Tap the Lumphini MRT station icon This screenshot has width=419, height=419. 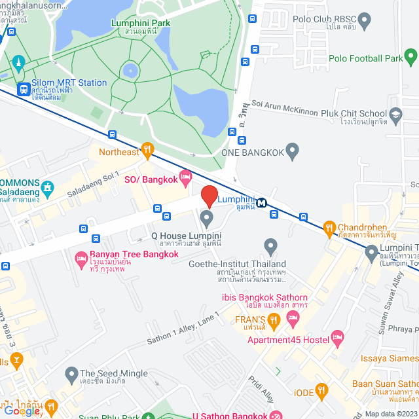(x=262, y=202)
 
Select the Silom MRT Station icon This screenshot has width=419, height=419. (x=24, y=89)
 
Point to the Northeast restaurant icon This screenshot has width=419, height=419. (x=147, y=151)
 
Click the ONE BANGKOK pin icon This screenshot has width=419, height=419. (x=293, y=152)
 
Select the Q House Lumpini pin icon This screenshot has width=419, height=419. (x=207, y=217)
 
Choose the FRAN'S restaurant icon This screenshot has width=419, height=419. (x=274, y=321)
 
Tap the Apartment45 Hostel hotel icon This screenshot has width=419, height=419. (x=337, y=338)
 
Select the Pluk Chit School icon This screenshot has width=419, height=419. (x=395, y=116)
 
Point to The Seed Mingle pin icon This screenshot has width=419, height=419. (x=71, y=374)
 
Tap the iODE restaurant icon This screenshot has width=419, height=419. (x=321, y=392)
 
